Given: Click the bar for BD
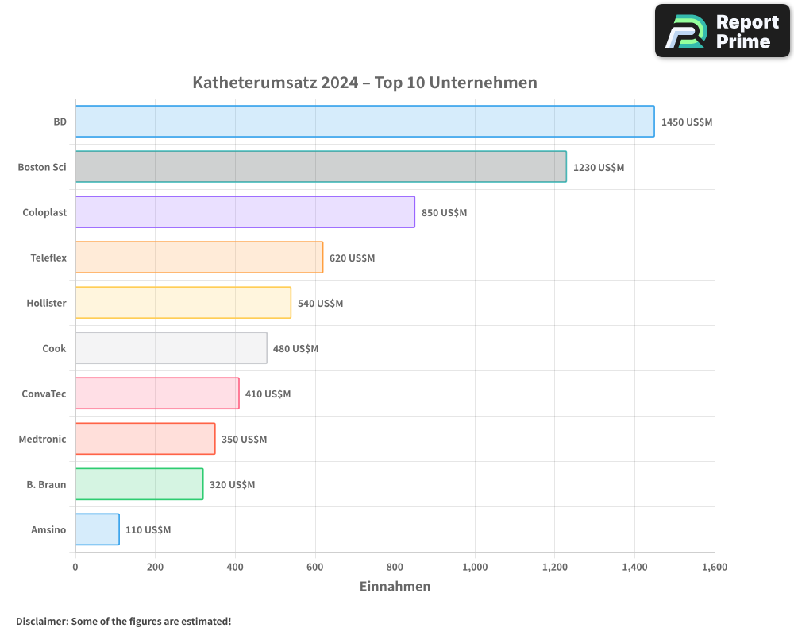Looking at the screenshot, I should tap(364, 122).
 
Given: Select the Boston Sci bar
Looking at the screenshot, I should tap(321, 167).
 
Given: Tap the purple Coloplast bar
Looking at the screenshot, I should tap(245, 212).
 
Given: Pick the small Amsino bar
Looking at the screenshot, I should tap(97, 529).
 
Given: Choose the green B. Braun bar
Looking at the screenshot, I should tap(139, 484).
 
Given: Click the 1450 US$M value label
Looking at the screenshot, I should tap(687, 122).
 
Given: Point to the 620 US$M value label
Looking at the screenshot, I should tap(352, 258).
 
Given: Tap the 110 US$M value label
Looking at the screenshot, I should tap(148, 530).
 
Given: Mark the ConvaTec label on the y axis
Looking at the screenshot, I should tap(44, 394).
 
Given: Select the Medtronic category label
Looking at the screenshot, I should tap(42, 440).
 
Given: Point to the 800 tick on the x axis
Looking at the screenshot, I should tap(395, 568).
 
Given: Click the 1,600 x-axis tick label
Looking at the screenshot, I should tap(714, 568).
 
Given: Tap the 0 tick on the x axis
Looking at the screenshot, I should tap(75, 568).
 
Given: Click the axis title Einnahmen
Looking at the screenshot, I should tap(395, 587).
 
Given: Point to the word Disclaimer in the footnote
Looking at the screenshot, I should tap(40, 622).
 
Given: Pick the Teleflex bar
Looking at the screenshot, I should tap(198, 258).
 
